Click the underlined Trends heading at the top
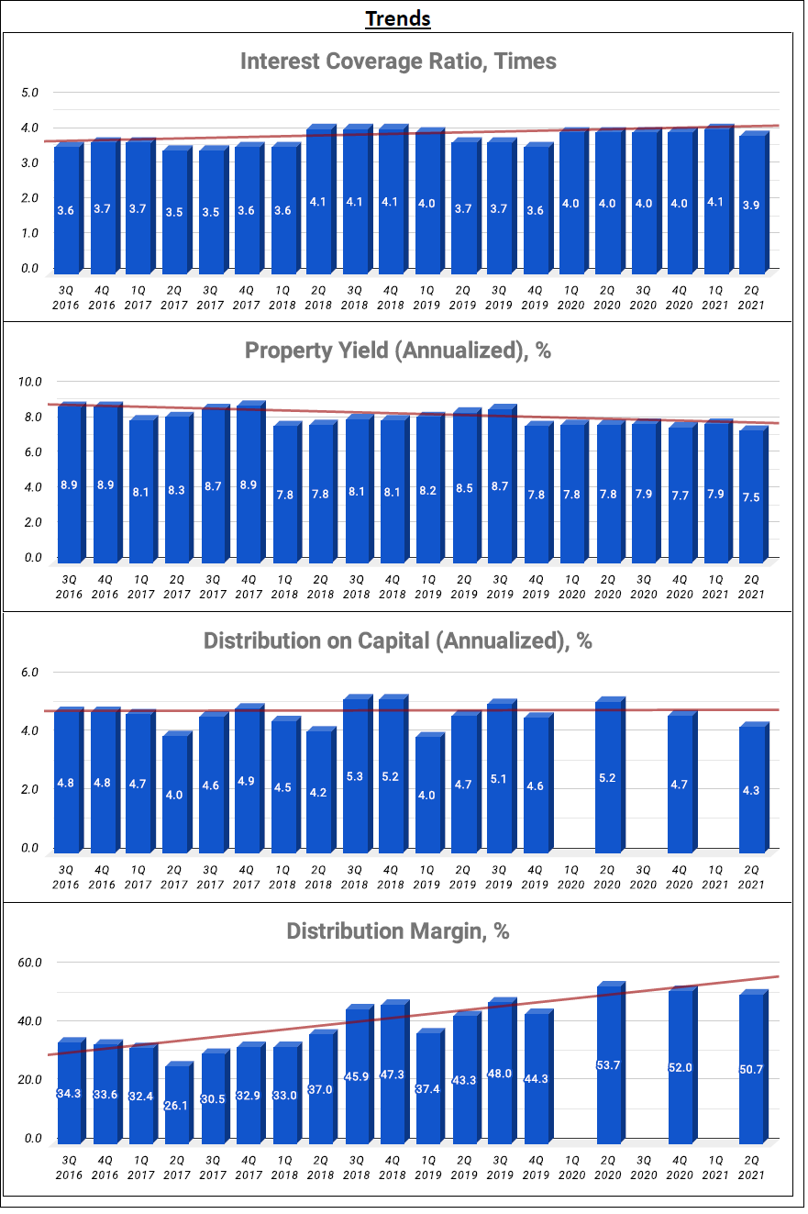click(x=397, y=19)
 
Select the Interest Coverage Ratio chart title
click(x=398, y=61)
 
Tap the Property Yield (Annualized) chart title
click(x=398, y=351)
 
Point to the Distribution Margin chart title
click(x=398, y=931)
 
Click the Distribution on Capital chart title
click(x=398, y=640)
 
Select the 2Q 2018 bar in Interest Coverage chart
click(x=321, y=199)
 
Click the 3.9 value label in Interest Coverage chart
click(x=750, y=206)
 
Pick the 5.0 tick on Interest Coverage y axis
click(x=29, y=92)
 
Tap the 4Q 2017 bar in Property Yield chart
click(x=250, y=482)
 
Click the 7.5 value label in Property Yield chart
click(x=750, y=497)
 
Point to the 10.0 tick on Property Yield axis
click(x=29, y=382)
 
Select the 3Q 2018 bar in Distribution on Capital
click(x=358, y=774)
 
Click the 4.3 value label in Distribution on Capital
click(x=750, y=790)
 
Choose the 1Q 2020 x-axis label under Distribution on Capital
click(x=570, y=877)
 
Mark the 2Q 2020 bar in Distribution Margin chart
click(x=611, y=1063)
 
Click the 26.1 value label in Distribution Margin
click(x=175, y=1105)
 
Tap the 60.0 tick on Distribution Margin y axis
click(x=29, y=963)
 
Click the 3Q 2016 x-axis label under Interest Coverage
click(x=65, y=297)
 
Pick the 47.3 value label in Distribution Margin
click(x=393, y=1075)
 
